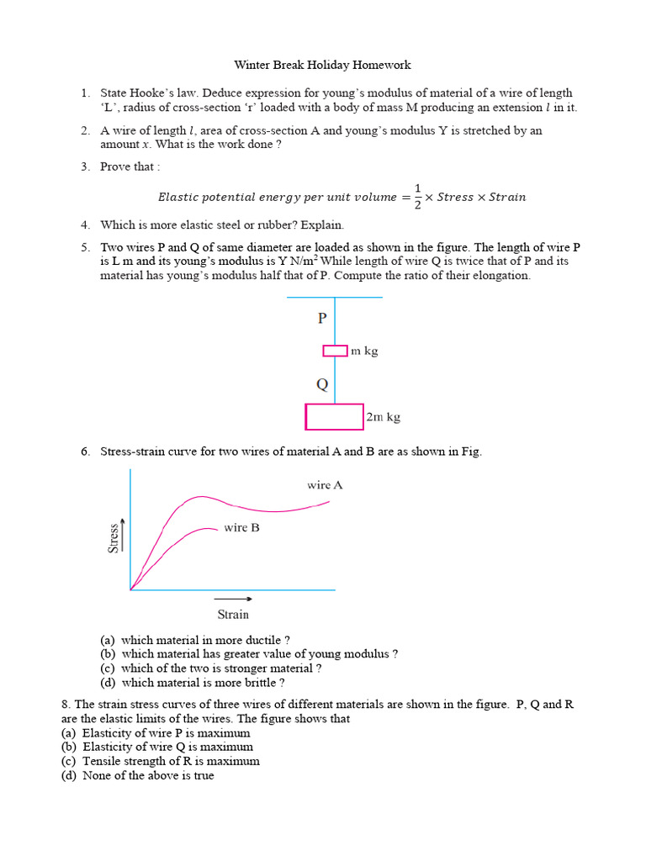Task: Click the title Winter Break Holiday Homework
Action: pos(322,65)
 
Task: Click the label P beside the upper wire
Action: pos(321,319)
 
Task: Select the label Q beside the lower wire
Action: pos(321,385)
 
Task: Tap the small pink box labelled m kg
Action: pos(335,351)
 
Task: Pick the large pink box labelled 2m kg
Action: pos(334,417)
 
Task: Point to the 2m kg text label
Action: pos(384,417)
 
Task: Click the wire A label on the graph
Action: pos(325,485)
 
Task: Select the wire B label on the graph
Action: pos(241,528)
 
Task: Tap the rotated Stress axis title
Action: pos(114,536)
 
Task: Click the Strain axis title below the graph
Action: pos(233,614)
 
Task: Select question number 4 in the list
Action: pos(86,225)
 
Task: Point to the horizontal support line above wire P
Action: pos(335,297)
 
